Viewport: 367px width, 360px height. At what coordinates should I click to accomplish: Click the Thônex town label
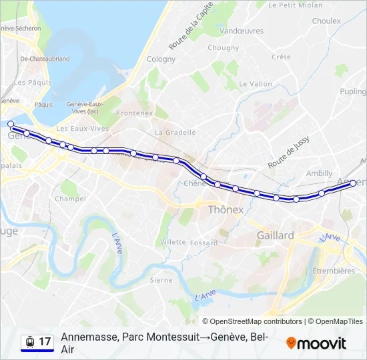228,209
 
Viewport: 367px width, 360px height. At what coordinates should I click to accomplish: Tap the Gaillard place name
275,235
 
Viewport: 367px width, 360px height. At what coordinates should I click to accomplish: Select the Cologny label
161,59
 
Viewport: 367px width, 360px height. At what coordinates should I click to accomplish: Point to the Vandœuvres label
241,31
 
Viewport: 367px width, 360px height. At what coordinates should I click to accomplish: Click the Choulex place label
326,21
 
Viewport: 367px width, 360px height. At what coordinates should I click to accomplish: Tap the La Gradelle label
175,132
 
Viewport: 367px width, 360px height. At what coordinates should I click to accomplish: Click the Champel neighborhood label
70,199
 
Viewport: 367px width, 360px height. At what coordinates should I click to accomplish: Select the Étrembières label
334,271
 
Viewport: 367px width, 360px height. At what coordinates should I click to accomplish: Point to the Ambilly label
319,173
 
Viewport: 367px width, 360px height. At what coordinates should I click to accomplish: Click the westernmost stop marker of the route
10,123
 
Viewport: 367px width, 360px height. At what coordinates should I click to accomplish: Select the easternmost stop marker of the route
353,184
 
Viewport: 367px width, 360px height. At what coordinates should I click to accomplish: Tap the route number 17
45,342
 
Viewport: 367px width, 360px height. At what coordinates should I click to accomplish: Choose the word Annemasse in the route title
87,337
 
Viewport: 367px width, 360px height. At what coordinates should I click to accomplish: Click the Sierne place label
161,280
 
